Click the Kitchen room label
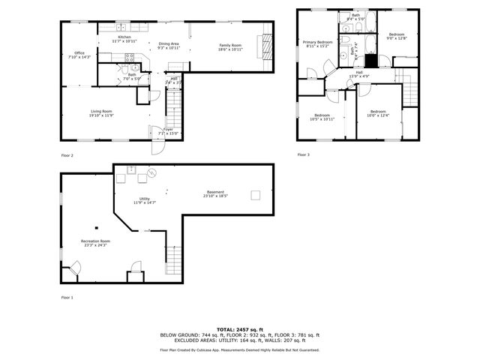point(124,37)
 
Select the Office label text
point(79,52)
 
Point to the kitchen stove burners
point(129,57)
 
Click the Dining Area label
point(169,44)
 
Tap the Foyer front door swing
point(156,146)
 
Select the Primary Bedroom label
point(317,42)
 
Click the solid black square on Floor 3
point(369,60)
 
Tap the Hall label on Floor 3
point(359,72)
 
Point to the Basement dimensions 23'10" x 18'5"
point(215,196)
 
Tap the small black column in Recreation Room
point(96,227)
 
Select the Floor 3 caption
point(303,154)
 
